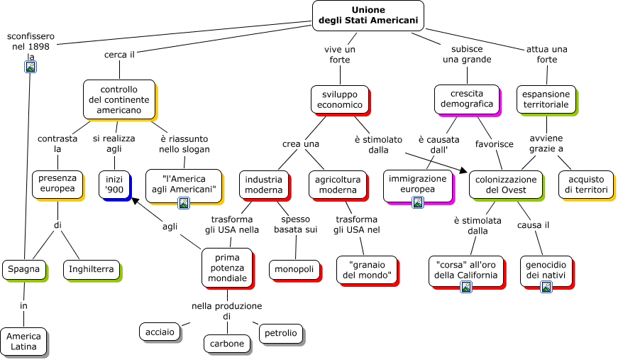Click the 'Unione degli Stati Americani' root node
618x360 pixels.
[368, 16]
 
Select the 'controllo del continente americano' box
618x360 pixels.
[118, 99]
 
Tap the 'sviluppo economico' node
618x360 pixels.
[340, 99]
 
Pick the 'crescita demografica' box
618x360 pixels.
[467, 99]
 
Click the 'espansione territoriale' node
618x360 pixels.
[546, 99]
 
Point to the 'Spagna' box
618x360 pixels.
[25, 269]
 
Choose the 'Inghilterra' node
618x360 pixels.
[91, 269]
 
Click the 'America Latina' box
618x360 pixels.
[23, 342]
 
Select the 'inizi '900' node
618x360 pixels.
[114, 184]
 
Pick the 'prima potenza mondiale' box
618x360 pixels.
[228, 267]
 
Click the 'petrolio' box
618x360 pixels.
[280, 332]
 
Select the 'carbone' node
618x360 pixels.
[227, 344]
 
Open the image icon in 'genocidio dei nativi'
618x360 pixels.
[546, 287]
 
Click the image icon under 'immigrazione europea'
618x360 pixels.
[418, 202]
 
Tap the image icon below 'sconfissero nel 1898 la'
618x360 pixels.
[31, 67]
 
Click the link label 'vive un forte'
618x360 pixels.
[340, 54]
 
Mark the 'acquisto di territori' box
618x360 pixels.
[587, 185]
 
